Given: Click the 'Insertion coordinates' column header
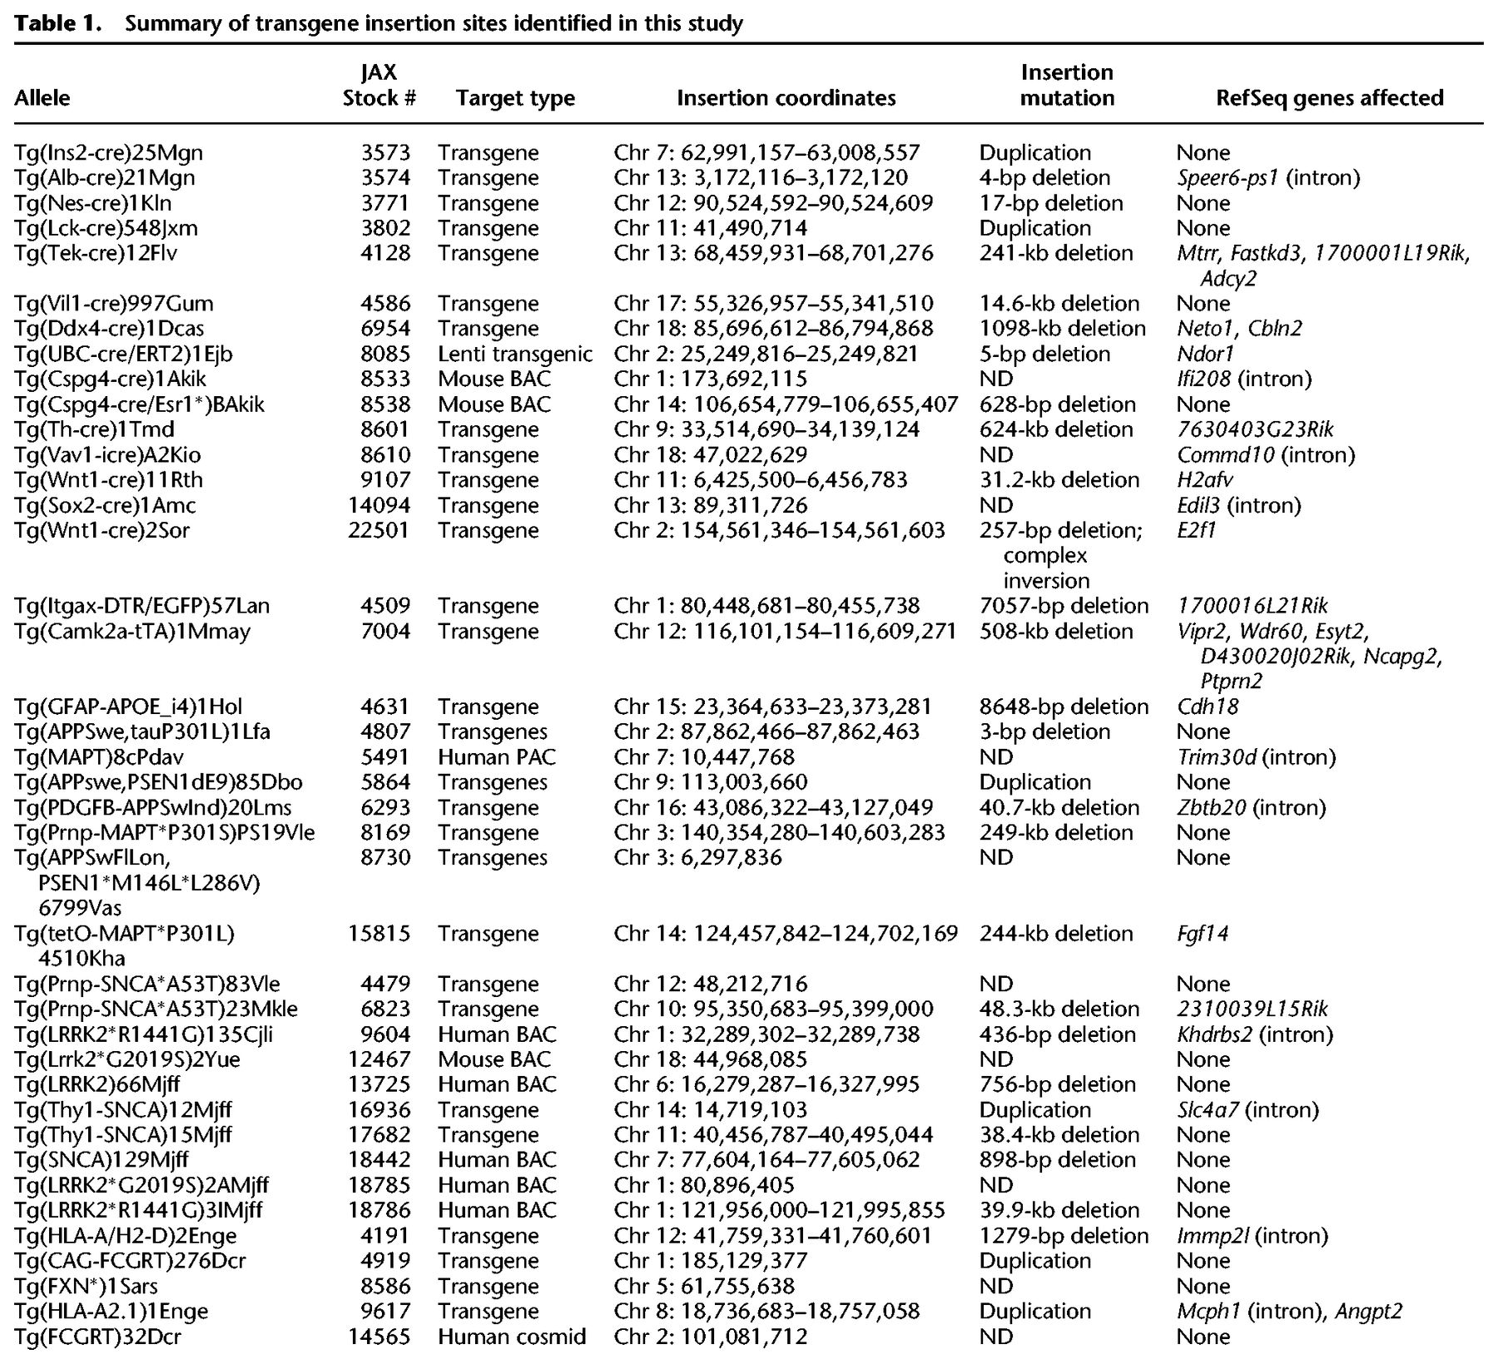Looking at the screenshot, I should pyautogui.click(x=786, y=98).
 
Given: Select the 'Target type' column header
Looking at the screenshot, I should pyautogui.click(x=515, y=98).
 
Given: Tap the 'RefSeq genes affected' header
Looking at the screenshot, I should pyautogui.click(x=1329, y=98).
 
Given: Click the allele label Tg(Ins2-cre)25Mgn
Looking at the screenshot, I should pyautogui.click(x=108, y=153).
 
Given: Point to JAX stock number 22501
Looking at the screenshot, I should pyautogui.click(x=379, y=530).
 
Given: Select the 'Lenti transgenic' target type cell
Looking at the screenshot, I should pyautogui.click(x=515, y=355).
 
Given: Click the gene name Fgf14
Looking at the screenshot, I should pyautogui.click(x=1203, y=934).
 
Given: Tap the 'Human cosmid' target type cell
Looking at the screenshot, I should pyautogui.click(x=512, y=1337).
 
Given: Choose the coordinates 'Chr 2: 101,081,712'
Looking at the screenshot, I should pyautogui.click(x=711, y=1337).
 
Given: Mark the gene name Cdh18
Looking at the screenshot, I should pyautogui.click(x=1208, y=707).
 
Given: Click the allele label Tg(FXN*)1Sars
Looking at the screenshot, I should pyautogui.click(x=86, y=1287).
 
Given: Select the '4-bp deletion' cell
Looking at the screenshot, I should pyautogui.click(x=1044, y=178).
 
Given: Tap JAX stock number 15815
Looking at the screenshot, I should pyautogui.click(x=379, y=934).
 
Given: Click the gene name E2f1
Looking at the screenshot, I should pyautogui.click(x=1197, y=530).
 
